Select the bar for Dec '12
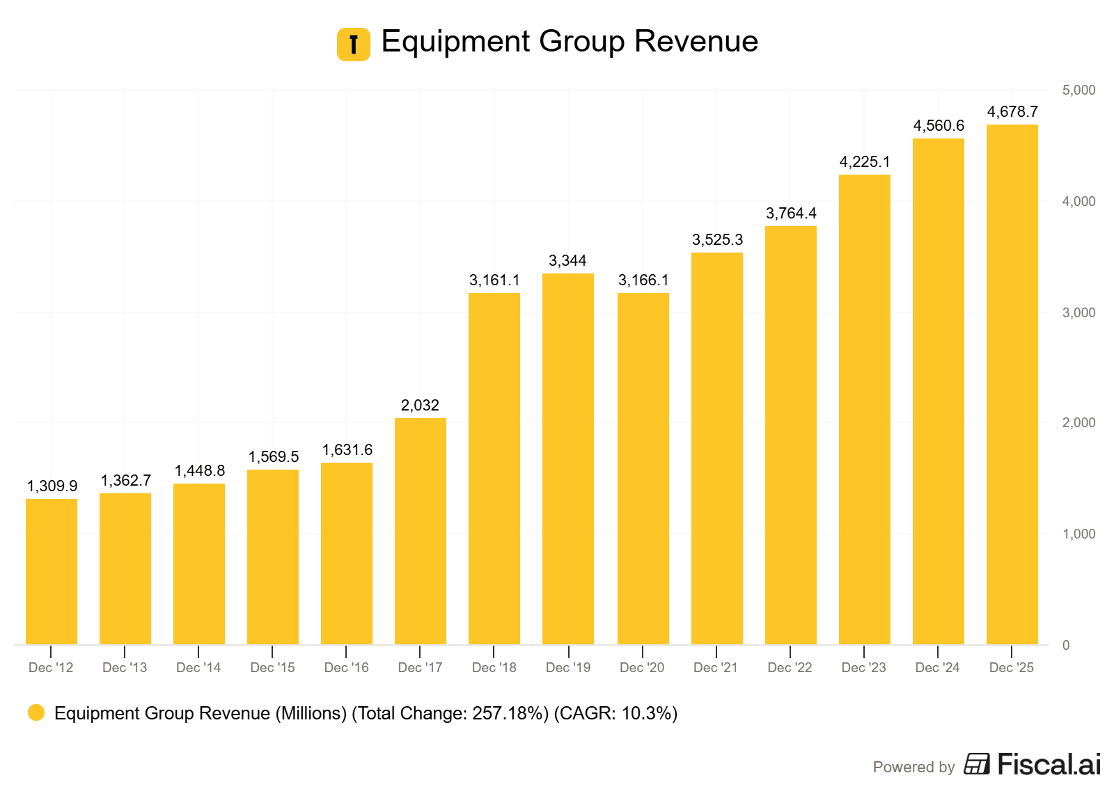[x=51, y=571]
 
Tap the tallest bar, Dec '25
[x=1012, y=384]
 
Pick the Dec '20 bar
[x=643, y=468]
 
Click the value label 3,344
[x=567, y=261]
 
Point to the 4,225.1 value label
[x=864, y=162]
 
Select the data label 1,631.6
[x=347, y=450]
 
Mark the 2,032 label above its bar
[x=420, y=406]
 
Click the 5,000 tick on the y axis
[x=1078, y=90]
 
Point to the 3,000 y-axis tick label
[x=1078, y=312]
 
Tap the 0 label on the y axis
[x=1066, y=646]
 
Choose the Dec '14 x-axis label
[x=198, y=668]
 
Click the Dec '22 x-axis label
[x=790, y=668]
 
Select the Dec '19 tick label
[x=568, y=668]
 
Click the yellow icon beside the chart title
[x=354, y=45]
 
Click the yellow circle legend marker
[x=36, y=712]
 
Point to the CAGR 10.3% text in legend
[x=615, y=713]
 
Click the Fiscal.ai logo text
[x=1049, y=765]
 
